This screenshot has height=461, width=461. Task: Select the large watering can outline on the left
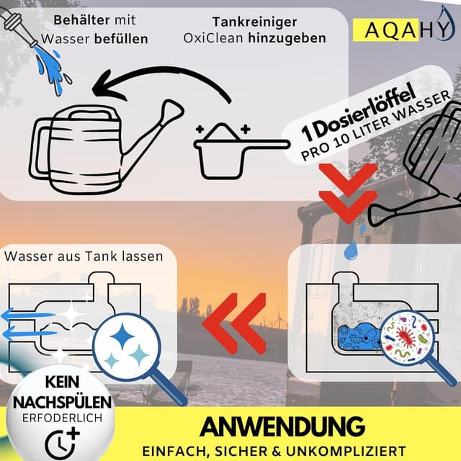click(94, 144)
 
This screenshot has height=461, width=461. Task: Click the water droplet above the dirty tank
click(351, 249)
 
